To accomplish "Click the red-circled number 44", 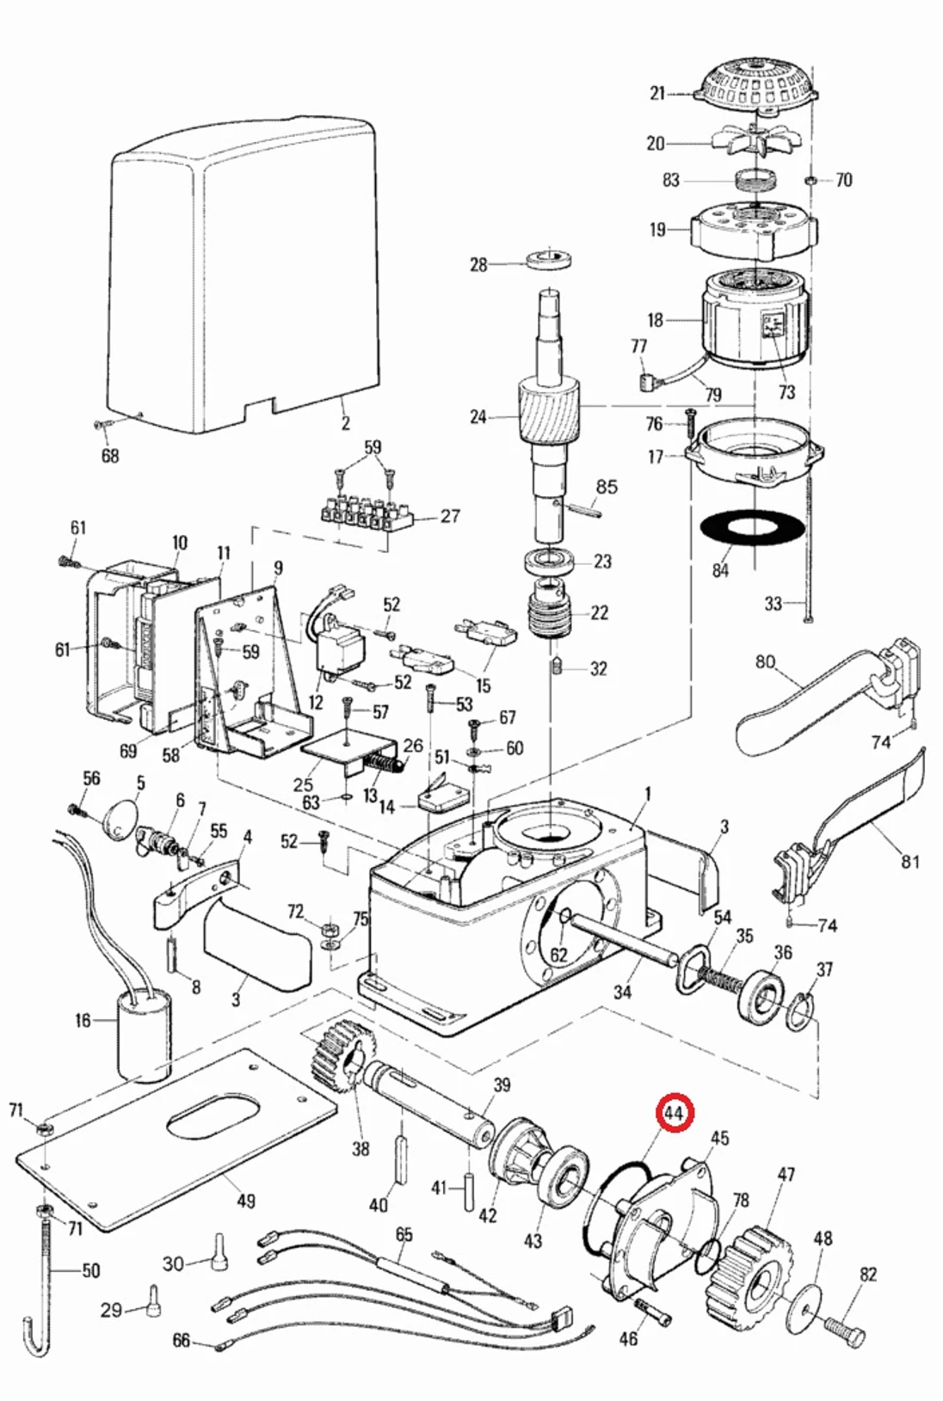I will point(675,1114).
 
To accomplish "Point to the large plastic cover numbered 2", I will point(245,275).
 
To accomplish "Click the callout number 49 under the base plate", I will point(246,1200).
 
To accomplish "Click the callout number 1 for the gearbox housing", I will point(648,794).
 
